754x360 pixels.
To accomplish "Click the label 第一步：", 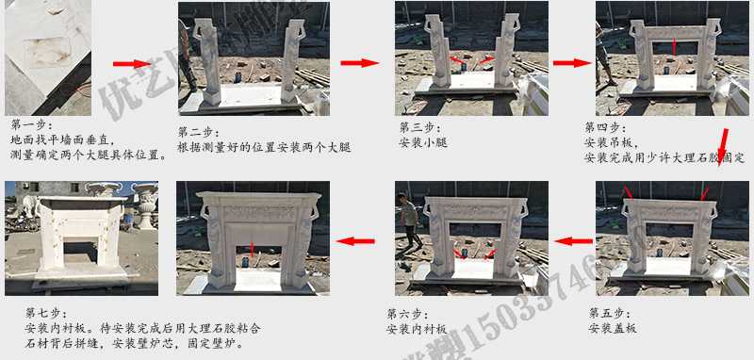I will tap(32, 123).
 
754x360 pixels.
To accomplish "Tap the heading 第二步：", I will tap(199, 133).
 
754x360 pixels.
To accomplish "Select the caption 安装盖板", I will tap(612, 328).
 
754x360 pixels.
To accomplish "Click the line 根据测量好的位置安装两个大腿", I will tap(264, 148).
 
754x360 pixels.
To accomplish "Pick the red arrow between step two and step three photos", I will tap(359, 63).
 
